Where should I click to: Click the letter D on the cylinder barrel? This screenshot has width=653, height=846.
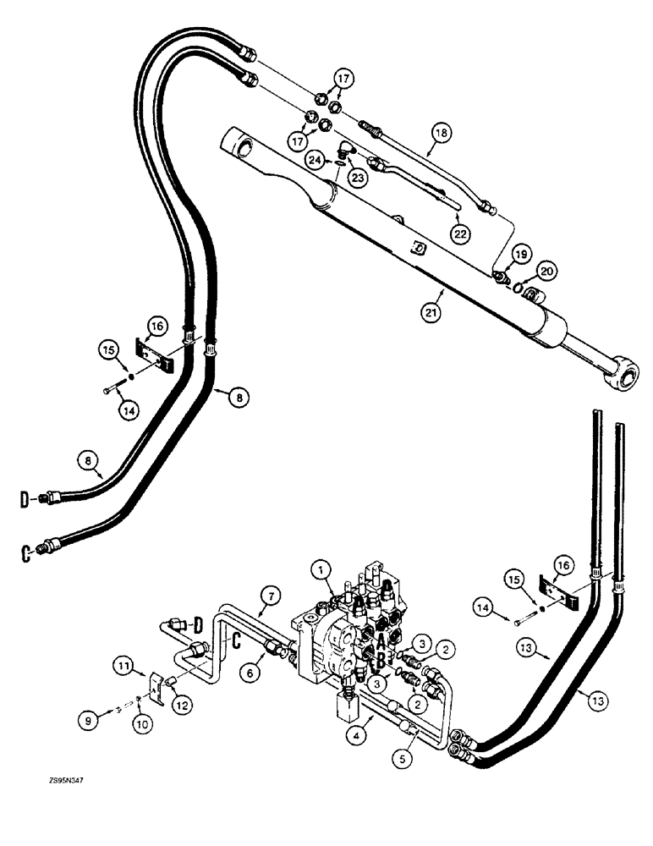[x=417, y=250]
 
